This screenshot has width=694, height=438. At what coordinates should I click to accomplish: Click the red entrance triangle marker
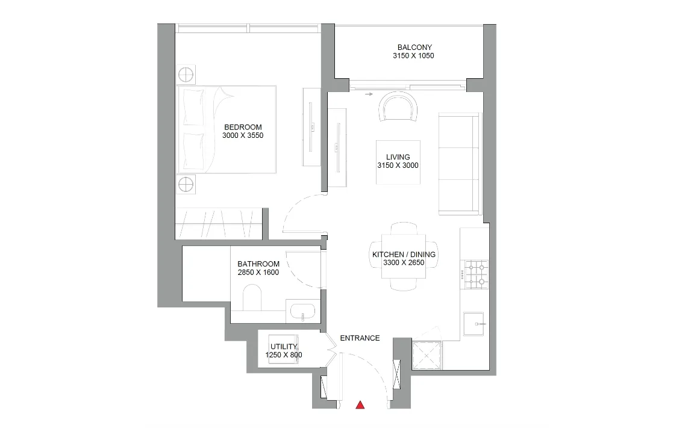click(x=360, y=404)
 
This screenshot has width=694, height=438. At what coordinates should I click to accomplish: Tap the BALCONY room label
click(x=414, y=48)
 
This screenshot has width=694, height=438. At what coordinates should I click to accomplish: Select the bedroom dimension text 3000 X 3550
click(x=243, y=135)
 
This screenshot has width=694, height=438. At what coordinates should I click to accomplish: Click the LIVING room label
click(x=398, y=157)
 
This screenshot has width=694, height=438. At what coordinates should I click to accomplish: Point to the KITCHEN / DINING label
click(x=404, y=254)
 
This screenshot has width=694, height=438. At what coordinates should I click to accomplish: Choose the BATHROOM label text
click(x=258, y=264)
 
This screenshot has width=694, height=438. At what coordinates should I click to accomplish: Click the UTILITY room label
click(x=284, y=347)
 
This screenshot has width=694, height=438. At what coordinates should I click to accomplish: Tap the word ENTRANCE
click(x=360, y=338)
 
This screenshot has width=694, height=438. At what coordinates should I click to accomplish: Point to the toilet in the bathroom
click(x=253, y=297)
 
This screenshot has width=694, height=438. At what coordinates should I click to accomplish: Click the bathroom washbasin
click(x=302, y=312)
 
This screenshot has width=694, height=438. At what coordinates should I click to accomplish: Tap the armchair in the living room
click(x=398, y=106)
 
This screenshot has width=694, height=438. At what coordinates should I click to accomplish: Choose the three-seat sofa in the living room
click(x=459, y=164)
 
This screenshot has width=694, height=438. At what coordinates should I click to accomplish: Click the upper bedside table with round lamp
click(x=186, y=74)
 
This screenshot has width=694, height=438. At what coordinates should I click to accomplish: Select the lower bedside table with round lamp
click(x=186, y=184)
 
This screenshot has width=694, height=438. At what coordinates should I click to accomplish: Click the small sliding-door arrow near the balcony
click(x=368, y=94)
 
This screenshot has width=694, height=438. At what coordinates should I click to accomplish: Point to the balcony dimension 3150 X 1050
click(x=413, y=56)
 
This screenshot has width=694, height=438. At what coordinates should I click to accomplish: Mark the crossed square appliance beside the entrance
click(x=427, y=355)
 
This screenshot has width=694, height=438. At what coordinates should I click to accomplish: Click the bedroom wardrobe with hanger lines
click(x=219, y=224)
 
